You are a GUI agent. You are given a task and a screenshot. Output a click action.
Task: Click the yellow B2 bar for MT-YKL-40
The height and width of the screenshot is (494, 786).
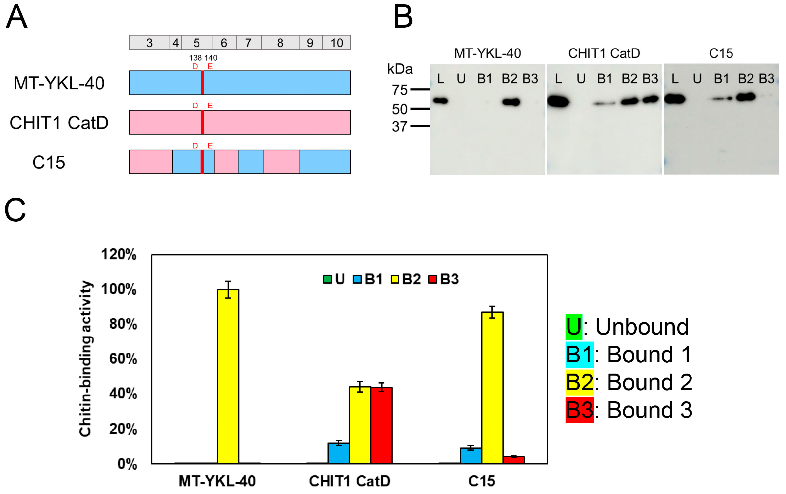coord(228,376)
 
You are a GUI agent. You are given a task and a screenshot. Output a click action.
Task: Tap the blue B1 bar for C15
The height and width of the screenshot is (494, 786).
coord(471,455)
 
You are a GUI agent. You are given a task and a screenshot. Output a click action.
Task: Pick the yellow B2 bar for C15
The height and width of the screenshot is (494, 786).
coord(492,387)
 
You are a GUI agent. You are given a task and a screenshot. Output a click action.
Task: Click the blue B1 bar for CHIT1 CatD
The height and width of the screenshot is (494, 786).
coord(338,453)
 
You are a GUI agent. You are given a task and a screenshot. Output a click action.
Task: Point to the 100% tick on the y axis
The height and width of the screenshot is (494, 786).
coord(119,289)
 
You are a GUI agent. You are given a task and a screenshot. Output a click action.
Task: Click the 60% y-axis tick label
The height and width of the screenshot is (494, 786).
coord(123,359)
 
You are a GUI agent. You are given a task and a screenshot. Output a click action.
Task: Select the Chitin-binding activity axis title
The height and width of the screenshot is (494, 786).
coord(85,358)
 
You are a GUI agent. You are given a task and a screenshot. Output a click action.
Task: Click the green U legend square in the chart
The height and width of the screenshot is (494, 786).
coord(327,279)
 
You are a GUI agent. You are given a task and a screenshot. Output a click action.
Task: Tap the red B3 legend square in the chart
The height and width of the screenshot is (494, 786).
coord(433,279)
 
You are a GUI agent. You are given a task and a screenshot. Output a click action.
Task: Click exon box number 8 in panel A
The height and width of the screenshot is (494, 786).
coord(280,43)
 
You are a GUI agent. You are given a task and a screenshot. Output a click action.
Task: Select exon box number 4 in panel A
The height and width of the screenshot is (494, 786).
coord(176,43)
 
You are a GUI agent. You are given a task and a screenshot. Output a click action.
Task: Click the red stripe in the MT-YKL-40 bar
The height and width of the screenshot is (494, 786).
coord(202,83)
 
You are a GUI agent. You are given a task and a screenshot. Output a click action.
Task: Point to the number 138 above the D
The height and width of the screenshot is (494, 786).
coord(195,58)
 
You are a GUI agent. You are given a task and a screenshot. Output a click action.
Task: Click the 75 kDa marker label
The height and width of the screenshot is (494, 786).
coord(400,90)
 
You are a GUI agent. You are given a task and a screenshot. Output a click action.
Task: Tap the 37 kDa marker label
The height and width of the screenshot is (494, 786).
coord(400,126)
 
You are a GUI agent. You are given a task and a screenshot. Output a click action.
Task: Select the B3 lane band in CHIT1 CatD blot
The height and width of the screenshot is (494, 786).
coord(650,99)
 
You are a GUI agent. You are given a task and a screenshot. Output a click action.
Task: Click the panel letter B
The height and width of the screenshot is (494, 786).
coord(403,17)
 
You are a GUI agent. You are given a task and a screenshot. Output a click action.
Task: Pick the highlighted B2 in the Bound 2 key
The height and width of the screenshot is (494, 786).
coord(579,382)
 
